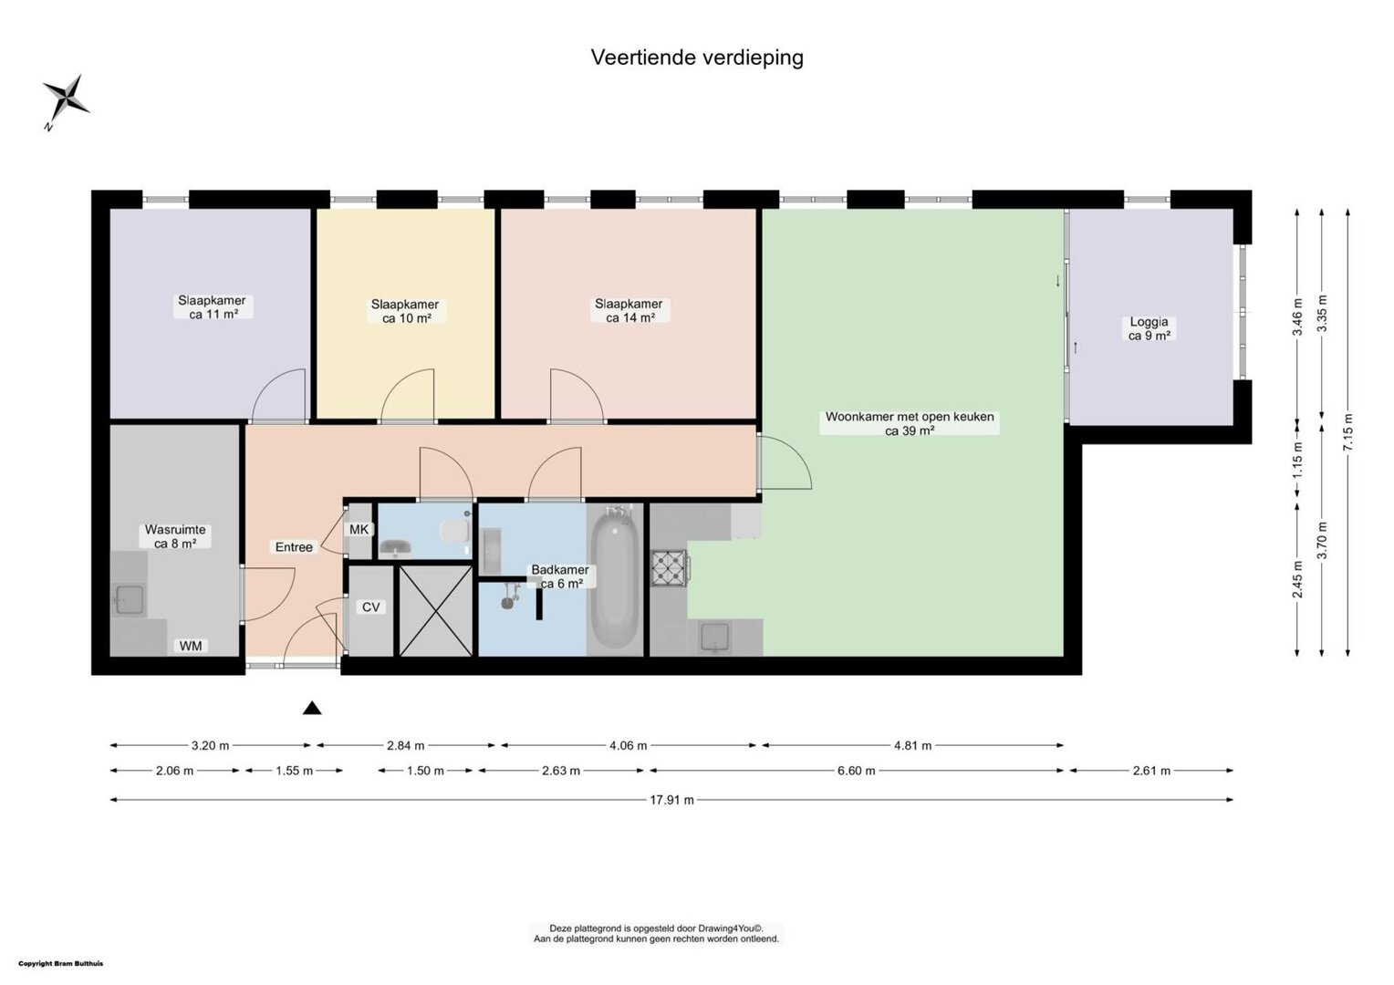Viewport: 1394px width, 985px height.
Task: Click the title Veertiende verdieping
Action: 696,57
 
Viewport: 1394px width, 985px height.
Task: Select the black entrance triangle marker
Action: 312,708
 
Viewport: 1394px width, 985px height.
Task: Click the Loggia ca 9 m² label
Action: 1149,328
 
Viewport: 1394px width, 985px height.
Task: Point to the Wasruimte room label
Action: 175,530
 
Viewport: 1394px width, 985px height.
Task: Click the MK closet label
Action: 359,530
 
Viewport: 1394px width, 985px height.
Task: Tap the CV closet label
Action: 371,607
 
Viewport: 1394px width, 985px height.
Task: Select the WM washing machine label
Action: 191,646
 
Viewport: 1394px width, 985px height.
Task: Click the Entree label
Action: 294,547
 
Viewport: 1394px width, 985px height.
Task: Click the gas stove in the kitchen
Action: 669,568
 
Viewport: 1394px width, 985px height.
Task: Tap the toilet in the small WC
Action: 455,532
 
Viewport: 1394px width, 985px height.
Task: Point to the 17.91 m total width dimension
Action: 671,800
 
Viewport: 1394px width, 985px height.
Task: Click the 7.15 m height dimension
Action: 1348,432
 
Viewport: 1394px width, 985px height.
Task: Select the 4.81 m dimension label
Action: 912,745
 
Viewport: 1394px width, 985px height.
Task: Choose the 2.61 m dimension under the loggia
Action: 1151,771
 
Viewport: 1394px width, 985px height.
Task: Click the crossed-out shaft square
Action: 436,610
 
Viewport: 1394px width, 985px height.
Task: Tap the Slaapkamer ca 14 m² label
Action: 629,310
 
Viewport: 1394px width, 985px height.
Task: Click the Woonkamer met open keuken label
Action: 910,417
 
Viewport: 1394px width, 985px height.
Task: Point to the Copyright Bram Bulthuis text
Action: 61,964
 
